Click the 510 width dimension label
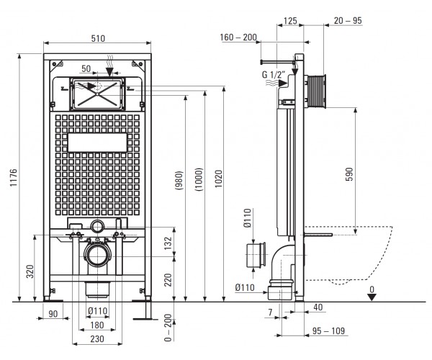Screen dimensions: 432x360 tap(98, 38)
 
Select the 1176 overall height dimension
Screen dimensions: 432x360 tap(14, 178)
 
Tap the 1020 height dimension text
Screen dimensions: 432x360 tap(218, 179)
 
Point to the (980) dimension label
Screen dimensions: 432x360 tap(179, 181)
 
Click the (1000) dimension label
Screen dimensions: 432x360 tap(199, 179)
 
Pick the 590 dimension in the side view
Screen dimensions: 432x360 tap(349, 174)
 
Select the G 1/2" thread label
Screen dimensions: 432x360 tap(274, 74)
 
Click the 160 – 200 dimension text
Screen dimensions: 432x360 tap(238, 37)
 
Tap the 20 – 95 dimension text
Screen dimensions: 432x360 tap(348, 20)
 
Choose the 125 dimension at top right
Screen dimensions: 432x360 tap(290, 21)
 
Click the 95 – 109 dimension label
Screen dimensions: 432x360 tap(328, 330)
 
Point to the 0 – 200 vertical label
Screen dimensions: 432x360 tap(168, 328)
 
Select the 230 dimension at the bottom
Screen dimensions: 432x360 tap(97, 339)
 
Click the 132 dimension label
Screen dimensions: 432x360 tap(168, 243)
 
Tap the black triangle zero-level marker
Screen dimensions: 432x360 tap(372, 297)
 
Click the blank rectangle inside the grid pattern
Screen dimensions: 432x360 tap(97, 143)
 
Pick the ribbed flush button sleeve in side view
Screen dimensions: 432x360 tap(316, 90)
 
